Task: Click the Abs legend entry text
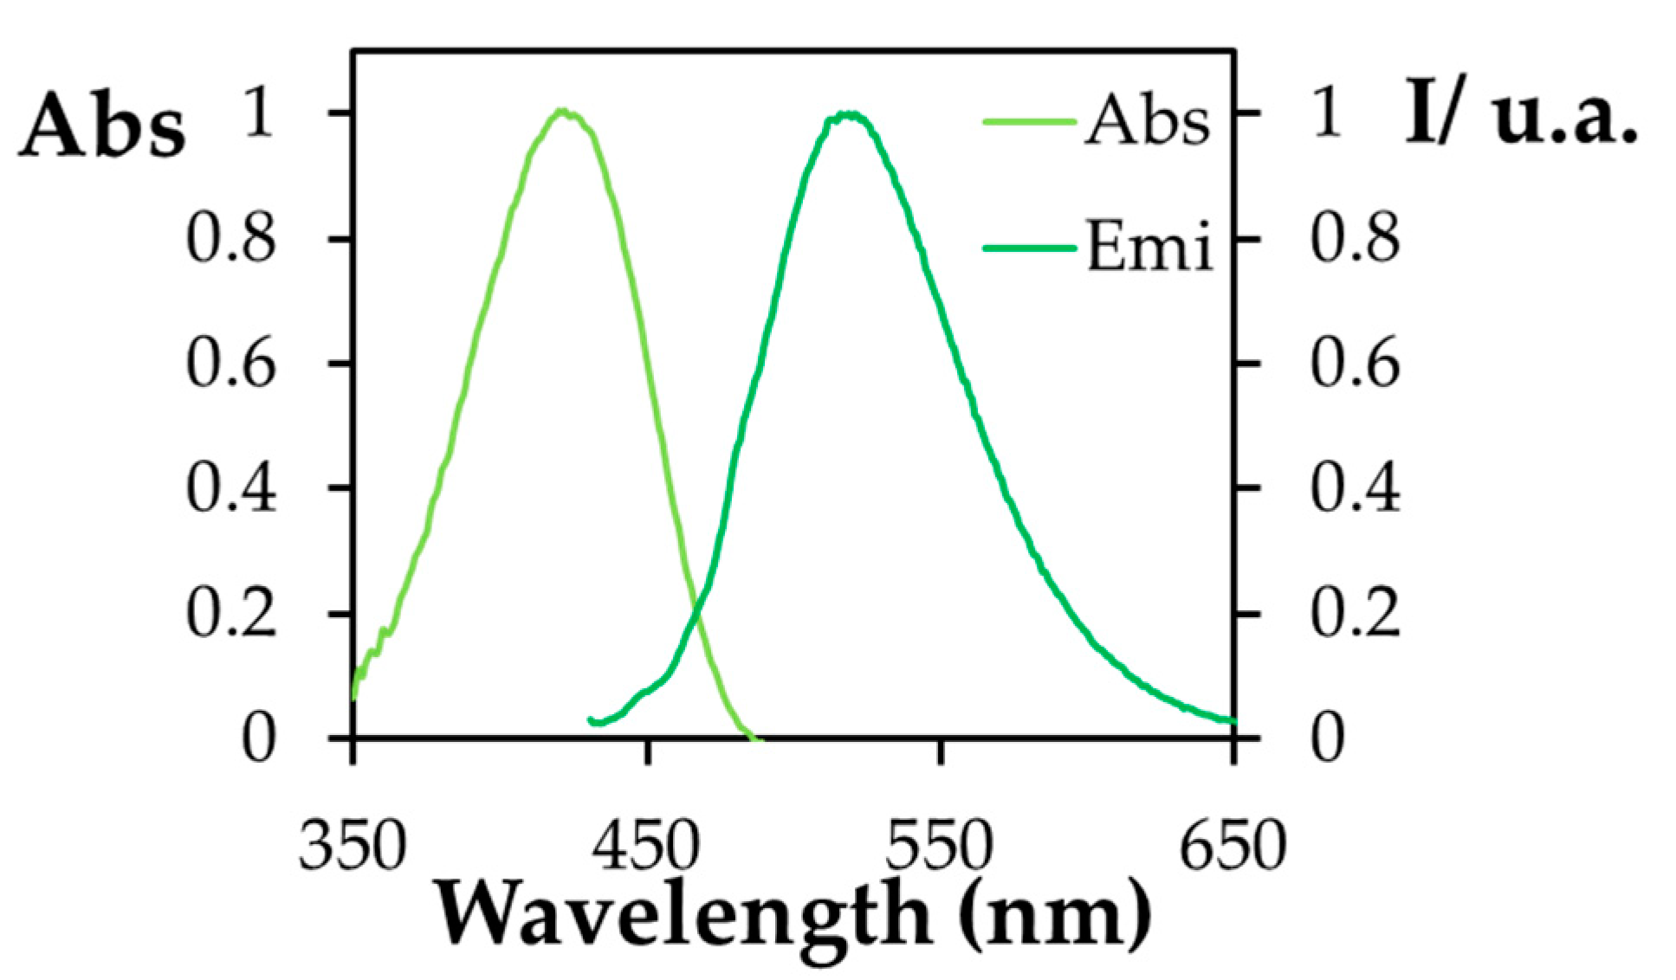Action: [x=1147, y=121]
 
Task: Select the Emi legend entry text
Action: [x=1149, y=247]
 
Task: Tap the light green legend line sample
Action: [x=1029, y=121]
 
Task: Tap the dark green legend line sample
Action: [x=1029, y=248]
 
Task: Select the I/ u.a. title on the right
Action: [x=1521, y=113]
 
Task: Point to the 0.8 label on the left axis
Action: [x=230, y=240]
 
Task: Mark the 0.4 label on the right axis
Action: [x=1354, y=489]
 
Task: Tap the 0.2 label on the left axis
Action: [x=230, y=614]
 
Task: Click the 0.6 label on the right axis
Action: [x=1354, y=364]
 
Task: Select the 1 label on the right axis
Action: [x=1327, y=113]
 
